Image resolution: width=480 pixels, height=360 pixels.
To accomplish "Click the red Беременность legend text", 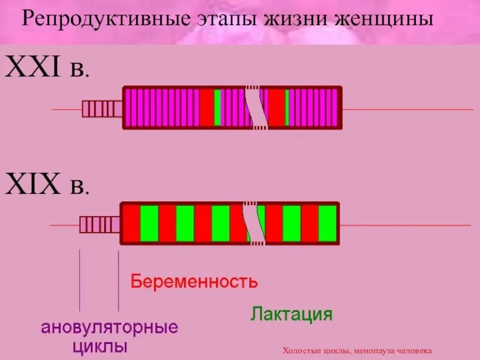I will pyautogui.click(x=194, y=281).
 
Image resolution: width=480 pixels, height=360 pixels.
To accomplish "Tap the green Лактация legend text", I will pyautogui.click(x=292, y=314).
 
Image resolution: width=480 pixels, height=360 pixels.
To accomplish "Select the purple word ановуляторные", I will pyautogui.click(x=110, y=328).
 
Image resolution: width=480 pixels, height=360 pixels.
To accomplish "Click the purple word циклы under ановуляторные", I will pyautogui.click(x=100, y=347).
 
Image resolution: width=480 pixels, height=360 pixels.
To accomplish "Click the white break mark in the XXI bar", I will pyautogui.click(x=256, y=108).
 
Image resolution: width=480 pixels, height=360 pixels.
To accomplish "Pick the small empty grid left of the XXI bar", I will pyautogui.click(x=102, y=109).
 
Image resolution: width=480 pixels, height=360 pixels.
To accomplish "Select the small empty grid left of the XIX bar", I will pyautogui.click(x=100, y=224).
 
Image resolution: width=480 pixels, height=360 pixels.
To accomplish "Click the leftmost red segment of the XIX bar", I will pyautogui.click(x=131, y=224).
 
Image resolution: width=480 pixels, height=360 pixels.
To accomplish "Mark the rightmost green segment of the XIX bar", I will pyautogui.click(x=328, y=224).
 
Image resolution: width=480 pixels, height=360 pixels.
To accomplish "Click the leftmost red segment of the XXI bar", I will pyautogui.click(x=206, y=108).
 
